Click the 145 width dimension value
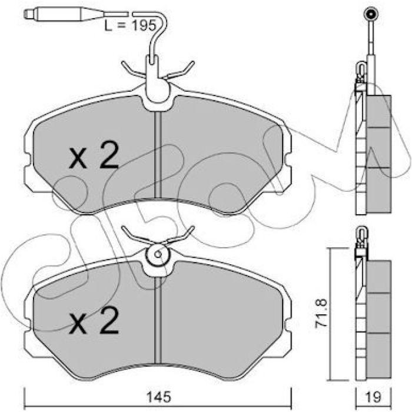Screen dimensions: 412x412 click(x=158, y=397)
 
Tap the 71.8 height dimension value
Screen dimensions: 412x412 click(x=321, y=313)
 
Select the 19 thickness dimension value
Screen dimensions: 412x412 click(x=373, y=397)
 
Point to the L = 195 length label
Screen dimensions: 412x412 click(x=130, y=25)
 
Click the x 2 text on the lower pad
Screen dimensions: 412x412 click(x=94, y=321)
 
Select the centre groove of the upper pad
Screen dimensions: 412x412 click(x=158, y=155)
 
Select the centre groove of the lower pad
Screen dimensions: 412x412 click(x=158, y=321)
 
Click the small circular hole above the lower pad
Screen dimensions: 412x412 click(x=158, y=254)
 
